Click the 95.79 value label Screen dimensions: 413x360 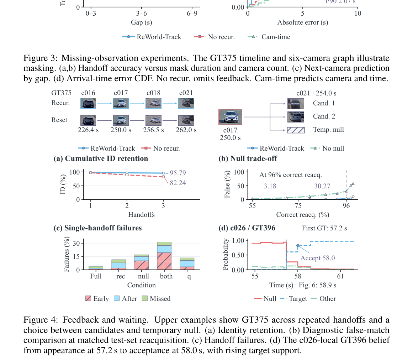[178, 173]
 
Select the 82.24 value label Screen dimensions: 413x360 [178, 183]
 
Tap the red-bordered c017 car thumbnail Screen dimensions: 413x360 [230, 117]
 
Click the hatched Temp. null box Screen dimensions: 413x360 [296, 130]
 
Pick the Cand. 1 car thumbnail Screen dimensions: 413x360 [296, 104]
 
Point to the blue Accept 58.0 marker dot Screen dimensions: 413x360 [298, 246]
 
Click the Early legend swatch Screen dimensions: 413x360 [88, 298]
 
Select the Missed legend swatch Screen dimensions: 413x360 [144, 298]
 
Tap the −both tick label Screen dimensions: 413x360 [164, 276]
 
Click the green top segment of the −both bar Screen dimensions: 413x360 [164, 244]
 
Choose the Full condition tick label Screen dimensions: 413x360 [96, 276]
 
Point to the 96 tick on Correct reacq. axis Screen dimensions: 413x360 [346, 206]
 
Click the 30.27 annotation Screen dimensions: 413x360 [322, 186]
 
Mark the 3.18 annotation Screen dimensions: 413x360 [270, 186]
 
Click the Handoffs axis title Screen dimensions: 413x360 [142, 215]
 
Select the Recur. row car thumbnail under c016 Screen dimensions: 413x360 [88, 103]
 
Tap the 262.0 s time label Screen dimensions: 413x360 [186, 130]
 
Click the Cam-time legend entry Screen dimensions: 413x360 [269, 37]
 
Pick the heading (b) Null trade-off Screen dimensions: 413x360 [248, 158]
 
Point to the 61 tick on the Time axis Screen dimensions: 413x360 [340, 276]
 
